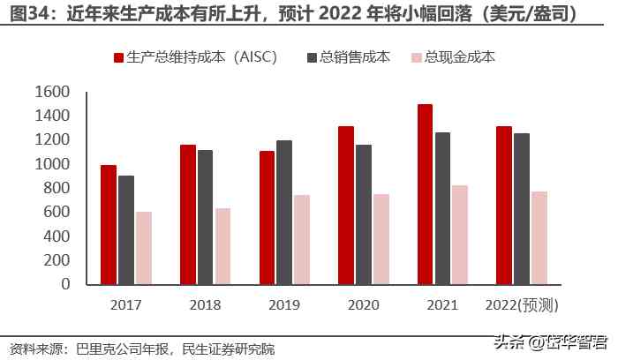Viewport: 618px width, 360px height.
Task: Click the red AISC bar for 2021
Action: click(x=426, y=194)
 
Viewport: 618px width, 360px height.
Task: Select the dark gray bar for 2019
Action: click(x=283, y=212)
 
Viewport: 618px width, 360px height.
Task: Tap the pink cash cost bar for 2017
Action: click(x=144, y=248)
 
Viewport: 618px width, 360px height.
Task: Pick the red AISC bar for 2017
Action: click(x=109, y=224)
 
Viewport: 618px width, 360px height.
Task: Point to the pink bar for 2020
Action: click(x=381, y=239)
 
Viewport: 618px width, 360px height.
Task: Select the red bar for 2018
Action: click(x=187, y=214)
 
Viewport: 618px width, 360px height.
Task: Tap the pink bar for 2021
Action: click(x=460, y=235)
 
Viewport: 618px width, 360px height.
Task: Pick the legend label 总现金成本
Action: click(x=460, y=58)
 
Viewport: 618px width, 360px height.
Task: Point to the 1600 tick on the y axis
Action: click(x=52, y=92)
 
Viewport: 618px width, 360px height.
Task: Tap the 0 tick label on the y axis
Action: click(x=65, y=284)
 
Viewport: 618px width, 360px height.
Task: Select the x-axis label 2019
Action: click(x=284, y=304)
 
